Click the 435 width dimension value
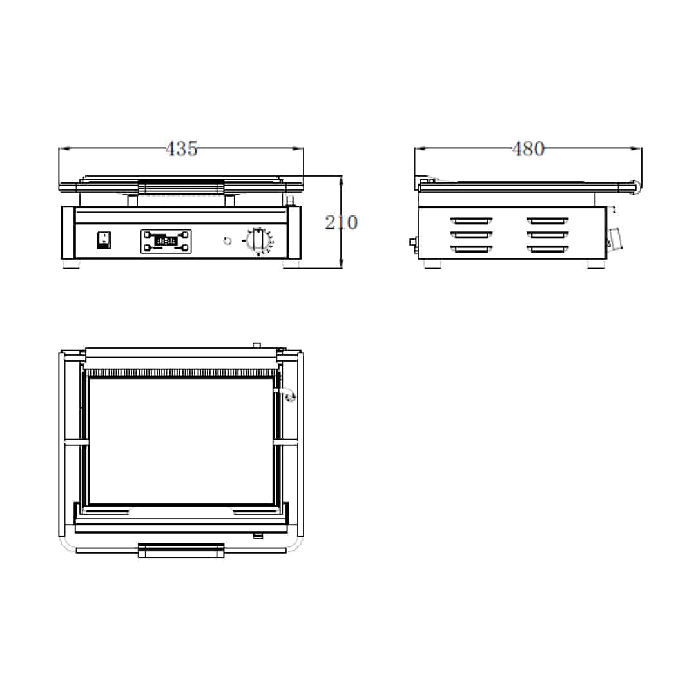pos(181,149)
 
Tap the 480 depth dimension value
pos(528,149)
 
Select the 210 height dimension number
pos(341,222)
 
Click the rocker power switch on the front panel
pos(104,240)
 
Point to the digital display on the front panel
pos(166,241)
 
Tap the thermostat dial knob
pos(257,240)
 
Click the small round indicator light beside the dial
pos(227,241)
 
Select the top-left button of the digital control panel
pos(147,235)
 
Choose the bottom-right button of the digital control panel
pos(185,247)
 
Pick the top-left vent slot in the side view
pos(471,220)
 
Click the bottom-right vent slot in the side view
pos(548,249)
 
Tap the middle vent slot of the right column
pos(548,235)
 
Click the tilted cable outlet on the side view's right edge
pos(615,238)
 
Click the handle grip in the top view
pos(181,550)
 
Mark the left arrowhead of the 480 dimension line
pos(420,148)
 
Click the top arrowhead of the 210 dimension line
pos(341,180)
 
